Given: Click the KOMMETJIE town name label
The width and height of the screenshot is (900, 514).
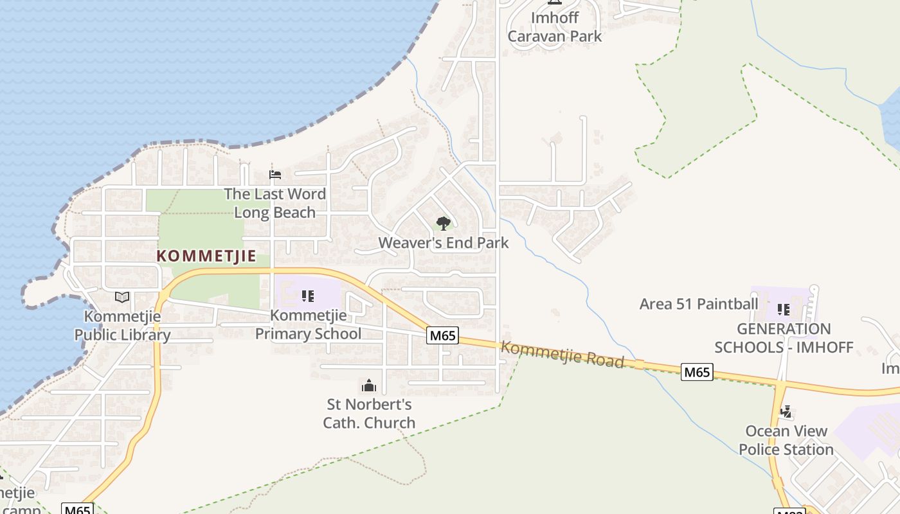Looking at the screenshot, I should (x=206, y=256).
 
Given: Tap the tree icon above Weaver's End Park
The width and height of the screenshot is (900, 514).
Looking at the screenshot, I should (x=443, y=224).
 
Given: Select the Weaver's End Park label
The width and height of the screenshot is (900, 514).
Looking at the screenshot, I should (x=443, y=243).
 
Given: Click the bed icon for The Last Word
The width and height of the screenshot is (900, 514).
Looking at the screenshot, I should (x=275, y=175).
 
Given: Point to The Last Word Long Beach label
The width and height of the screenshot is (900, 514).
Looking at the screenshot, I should (x=274, y=203).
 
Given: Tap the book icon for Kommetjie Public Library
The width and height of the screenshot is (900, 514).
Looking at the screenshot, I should (x=122, y=297).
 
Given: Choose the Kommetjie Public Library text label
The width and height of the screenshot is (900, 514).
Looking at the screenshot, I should (x=122, y=325).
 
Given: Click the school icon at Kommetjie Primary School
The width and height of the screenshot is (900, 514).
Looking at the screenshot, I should (x=308, y=296).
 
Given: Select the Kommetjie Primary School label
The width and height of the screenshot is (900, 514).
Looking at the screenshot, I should (x=308, y=324).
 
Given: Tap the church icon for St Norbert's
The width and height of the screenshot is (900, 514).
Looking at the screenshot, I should (x=369, y=385).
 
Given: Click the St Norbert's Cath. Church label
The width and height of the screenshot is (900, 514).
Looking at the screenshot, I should (x=369, y=413).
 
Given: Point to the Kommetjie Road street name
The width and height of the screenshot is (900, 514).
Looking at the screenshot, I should (x=562, y=355).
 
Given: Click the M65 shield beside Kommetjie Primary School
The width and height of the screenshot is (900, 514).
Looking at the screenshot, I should (x=443, y=335).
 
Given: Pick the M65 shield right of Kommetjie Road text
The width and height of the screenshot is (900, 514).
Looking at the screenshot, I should (x=697, y=371).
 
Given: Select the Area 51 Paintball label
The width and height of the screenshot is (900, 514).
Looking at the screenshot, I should (x=699, y=303).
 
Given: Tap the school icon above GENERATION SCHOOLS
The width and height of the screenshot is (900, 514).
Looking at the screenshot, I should (x=783, y=310).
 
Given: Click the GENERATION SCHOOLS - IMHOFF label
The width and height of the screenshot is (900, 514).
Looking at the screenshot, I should (x=784, y=338).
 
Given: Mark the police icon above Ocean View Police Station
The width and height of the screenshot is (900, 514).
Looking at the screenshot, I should (x=785, y=411).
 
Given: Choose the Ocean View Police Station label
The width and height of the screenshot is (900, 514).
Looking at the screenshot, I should (x=786, y=440).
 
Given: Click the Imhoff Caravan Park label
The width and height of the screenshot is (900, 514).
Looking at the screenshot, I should (x=554, y=27).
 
